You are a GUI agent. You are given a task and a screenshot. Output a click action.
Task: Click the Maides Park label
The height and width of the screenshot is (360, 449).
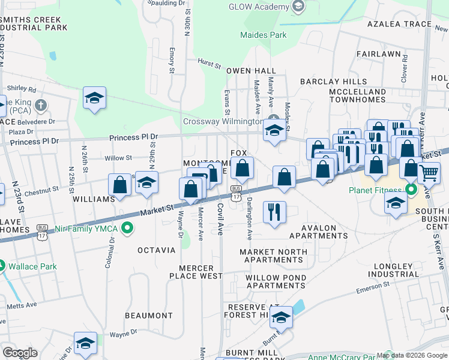pyautogui.click(x=263, y=35)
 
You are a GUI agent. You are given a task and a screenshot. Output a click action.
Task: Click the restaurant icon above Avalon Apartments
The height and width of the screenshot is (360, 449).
pyautogui.click(x=274, y=212)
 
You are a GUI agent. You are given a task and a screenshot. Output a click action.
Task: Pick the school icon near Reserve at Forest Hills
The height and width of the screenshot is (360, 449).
pyautogui.click(x=280, y=317)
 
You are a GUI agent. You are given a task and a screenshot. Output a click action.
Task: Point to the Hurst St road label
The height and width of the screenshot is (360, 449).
pyautogui.click(x=209, y=62)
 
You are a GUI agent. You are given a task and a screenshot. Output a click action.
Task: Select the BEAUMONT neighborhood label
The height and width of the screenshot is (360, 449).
pyautogui.click(x=149, y=316)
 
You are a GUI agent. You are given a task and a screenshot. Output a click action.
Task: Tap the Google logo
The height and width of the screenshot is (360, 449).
pyautogui.click(x=20, y=353)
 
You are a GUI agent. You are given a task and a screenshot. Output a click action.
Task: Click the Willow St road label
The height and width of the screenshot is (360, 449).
pyautogui.click(x=118, y=158)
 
